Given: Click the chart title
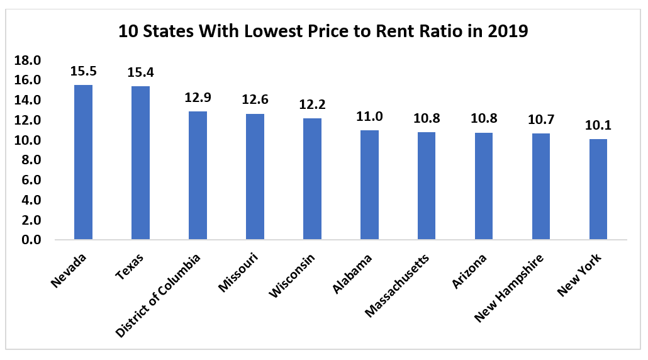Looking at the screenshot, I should point(323,31).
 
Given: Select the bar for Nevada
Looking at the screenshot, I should point(83,162).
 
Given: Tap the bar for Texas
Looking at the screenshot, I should point(140,163).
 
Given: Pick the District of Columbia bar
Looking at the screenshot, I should point(198,176).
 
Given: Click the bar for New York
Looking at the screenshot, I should point(598,189).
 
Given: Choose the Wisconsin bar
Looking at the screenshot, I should point(312,179).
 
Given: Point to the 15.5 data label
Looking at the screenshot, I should point(83,71).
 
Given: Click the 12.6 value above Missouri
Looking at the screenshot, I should point(255,99).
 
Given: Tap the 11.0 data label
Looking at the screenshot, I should point(369,116).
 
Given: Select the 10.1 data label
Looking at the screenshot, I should point(598,125).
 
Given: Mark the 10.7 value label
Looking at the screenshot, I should point(540,119).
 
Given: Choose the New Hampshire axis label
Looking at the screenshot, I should point(510,286).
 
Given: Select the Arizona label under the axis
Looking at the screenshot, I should point(469,271).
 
